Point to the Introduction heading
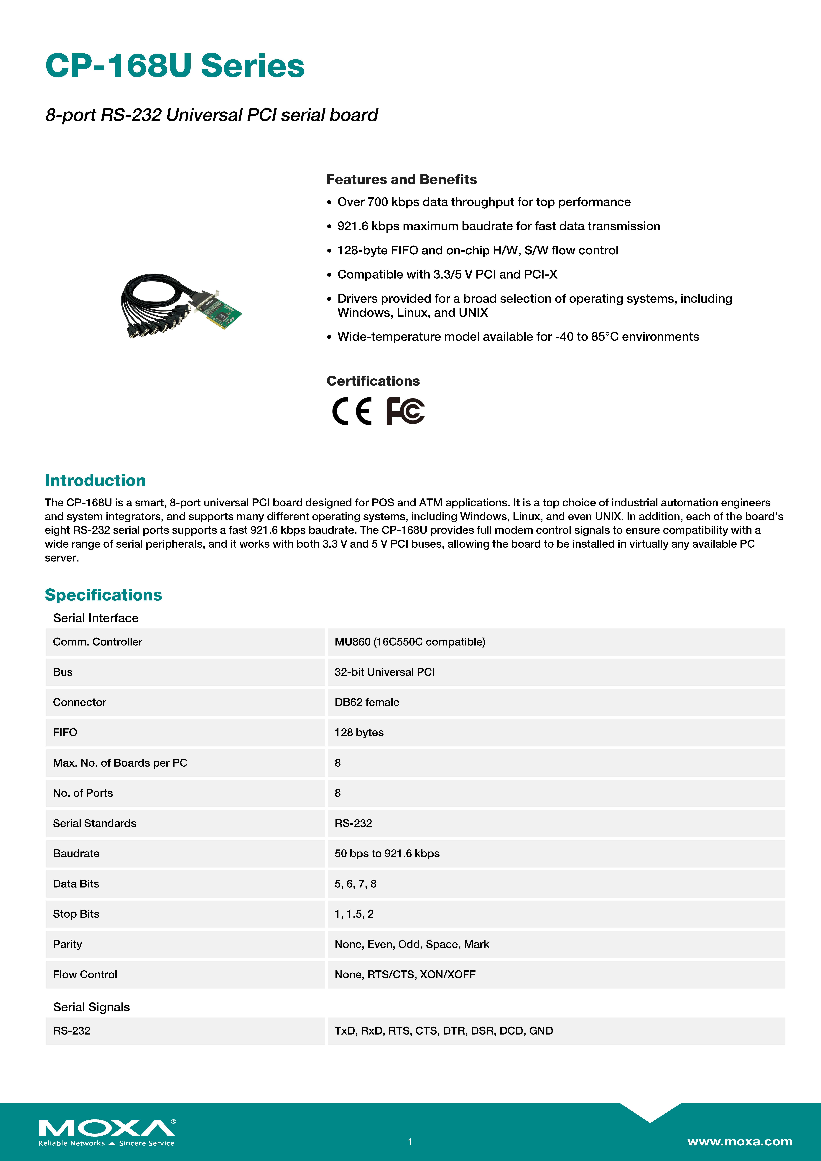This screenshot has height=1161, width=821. pyautogui.click(x=95, y=480)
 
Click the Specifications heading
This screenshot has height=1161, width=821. pyautogui.click(x=103, y=595)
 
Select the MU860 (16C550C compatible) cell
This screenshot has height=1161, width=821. pyautogui.click(x=410, y=642)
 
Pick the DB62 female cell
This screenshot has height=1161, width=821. pyautogui.click(x=367, y=702)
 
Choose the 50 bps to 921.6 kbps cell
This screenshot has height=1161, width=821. pyautogui.click(x=387, y=854)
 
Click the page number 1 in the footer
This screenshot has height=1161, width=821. pyautogui.click(x=410, y=1142)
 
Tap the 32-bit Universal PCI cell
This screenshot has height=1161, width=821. pyautogui.click(x=384, y=672)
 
